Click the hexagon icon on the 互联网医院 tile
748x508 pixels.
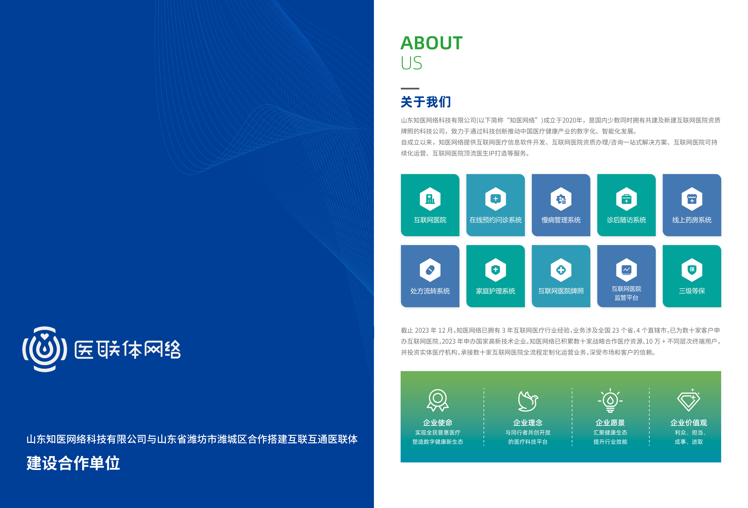430,199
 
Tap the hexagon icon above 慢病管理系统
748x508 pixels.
561,199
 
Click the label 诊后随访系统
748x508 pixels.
626,220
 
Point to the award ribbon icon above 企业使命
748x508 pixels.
438,400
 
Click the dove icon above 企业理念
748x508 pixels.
528,401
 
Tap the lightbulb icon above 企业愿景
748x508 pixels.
610,400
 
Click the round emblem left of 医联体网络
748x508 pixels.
45,349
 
